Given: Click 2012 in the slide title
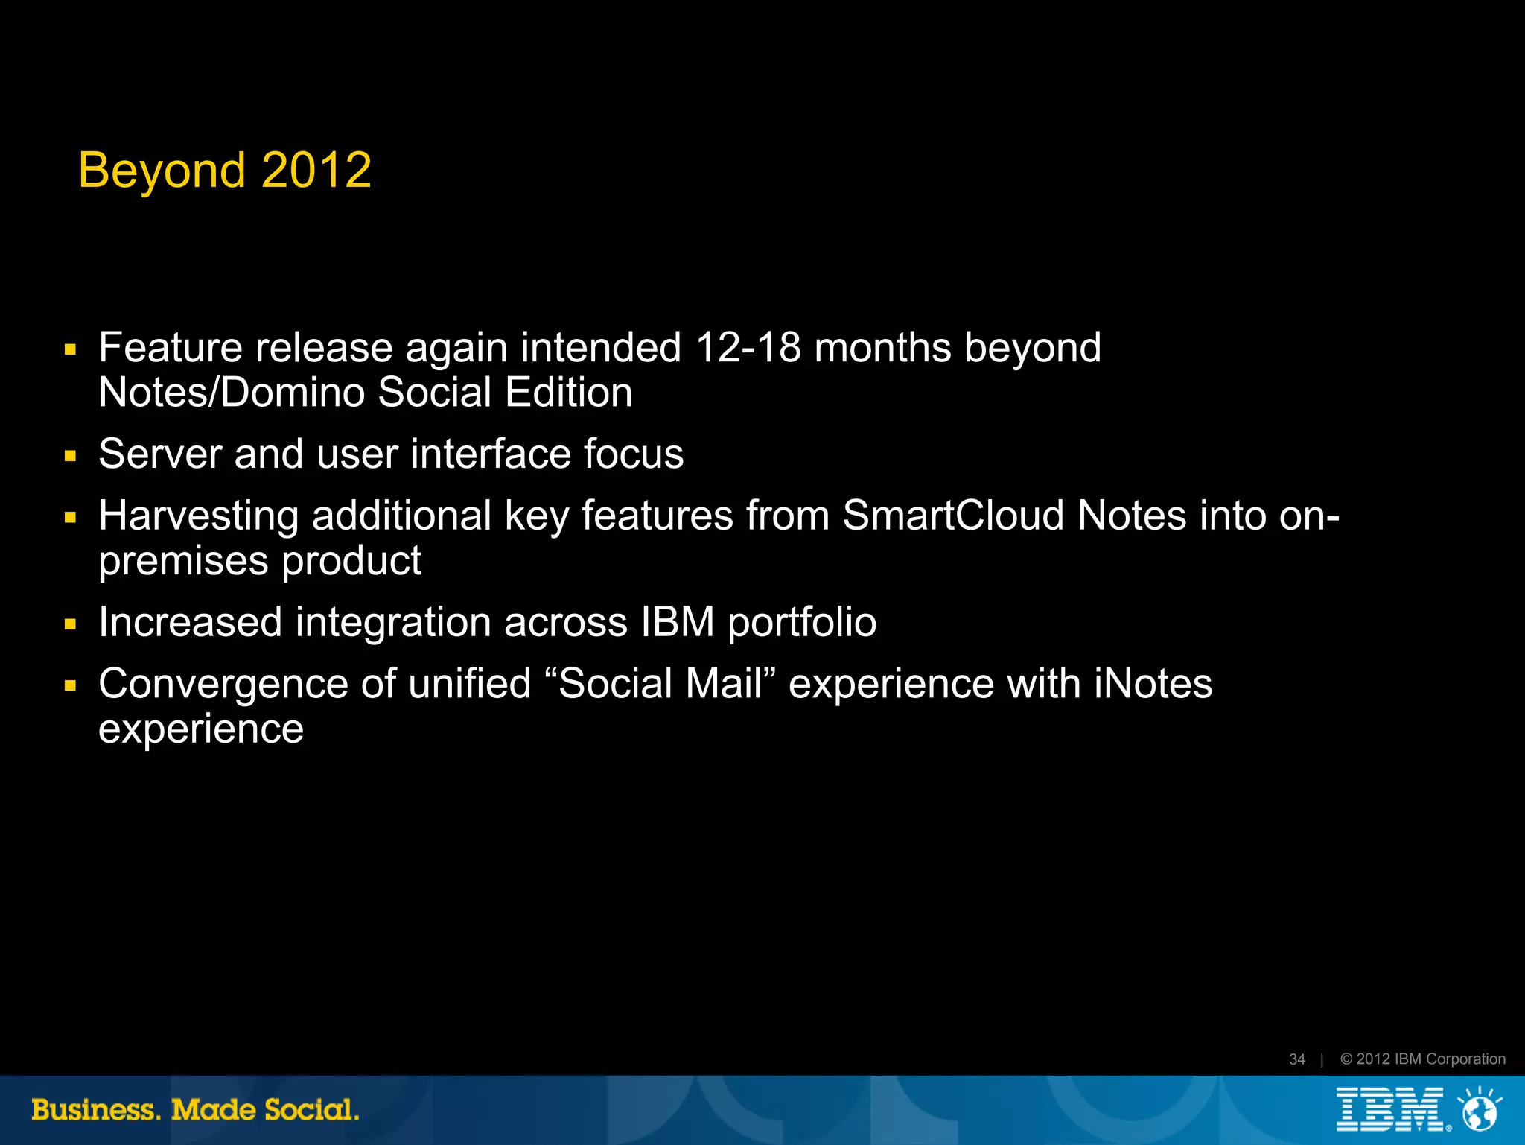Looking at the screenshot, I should pyautogui.click(x=316, y=170).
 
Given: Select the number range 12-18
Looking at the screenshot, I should pyautogui.click(x=748, y=348).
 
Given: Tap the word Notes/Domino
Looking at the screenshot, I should pyautogui.click(x=232, y=393).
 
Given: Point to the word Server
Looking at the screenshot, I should pyautogui.click(x=159, y=454).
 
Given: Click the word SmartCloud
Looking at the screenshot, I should pyautogui.click(x=953, y=516).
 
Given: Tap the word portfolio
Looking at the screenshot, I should pyautogui.click(x=802, y=624).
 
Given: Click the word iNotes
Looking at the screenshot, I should pyautogui.click(x=1153, y=684).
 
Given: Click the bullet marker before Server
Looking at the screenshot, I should pyautogui.click(x=71, y=456).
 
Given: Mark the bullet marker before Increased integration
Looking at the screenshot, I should pyautogui.click(x=71, y=624).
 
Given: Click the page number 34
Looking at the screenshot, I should pyautogui.click(x=1296, y=1059).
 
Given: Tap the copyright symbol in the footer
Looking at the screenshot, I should pyautogui.click(x=1346, y=1059).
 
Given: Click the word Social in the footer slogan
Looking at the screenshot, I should pyautogui.click(x=311, y=1110).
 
